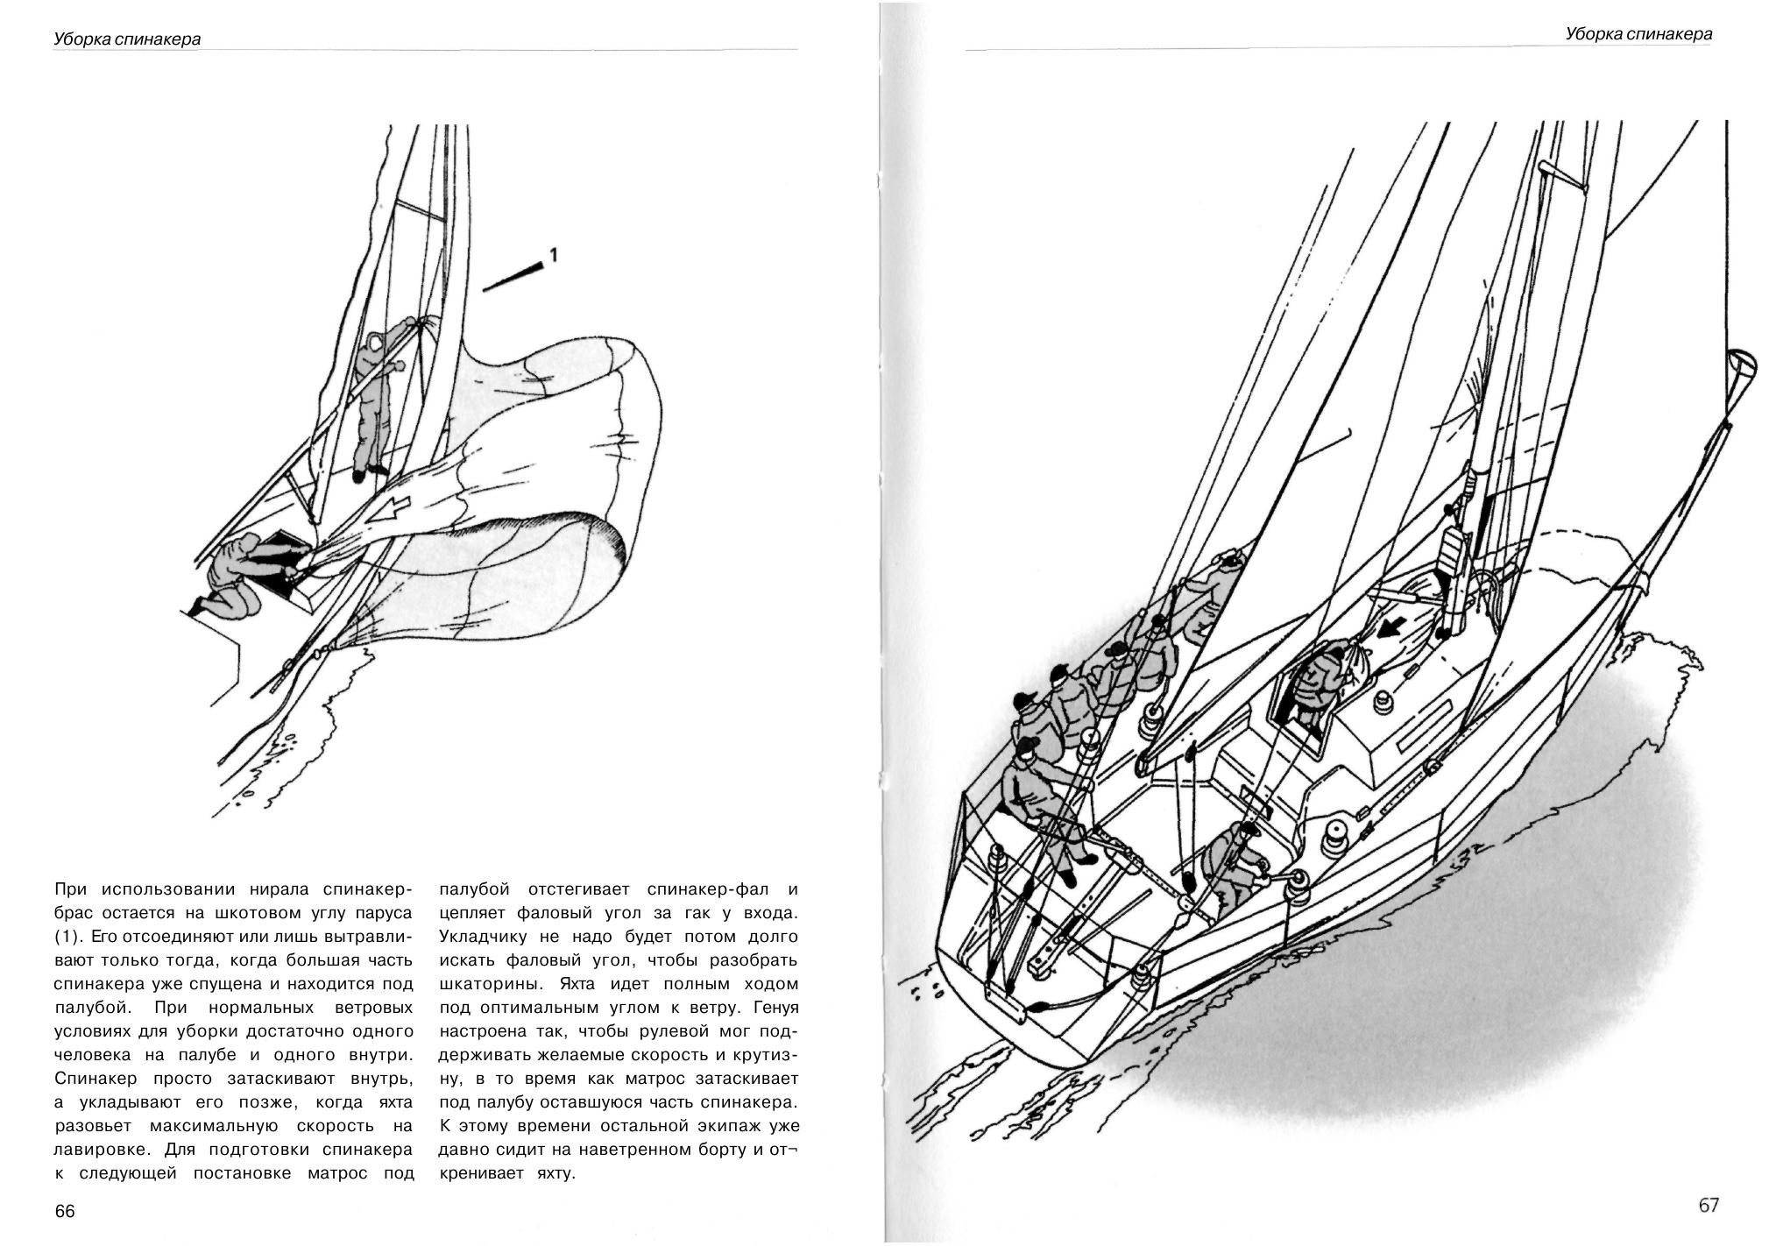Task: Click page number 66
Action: coord(65,1211)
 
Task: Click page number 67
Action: coord(1709,1205)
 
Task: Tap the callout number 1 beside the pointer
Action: coord(552,255)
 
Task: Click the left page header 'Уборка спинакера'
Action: coord(127,39)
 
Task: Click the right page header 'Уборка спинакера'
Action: coord(1638,34)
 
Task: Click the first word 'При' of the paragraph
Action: coord(73,889)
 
